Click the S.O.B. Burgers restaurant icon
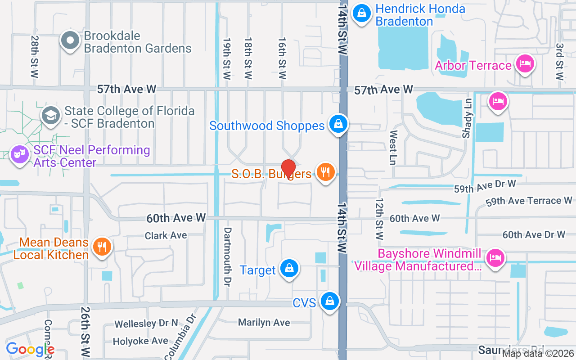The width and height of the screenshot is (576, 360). (x=325, y=172)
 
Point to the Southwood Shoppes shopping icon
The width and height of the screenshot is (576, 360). (x=338, y=124)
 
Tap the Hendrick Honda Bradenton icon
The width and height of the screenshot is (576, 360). (x=361, y=13)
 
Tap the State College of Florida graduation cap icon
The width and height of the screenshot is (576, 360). (x=50, y=115)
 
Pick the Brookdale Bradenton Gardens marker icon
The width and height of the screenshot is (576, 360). (x=70, y=40)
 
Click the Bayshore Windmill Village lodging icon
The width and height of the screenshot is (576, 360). (x=495, y=258)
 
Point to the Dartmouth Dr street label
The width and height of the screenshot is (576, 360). (x=228, y=256)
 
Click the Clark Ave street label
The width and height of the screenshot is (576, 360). (x=166, y=235)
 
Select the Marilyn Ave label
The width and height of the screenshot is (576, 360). (x=264, y=322)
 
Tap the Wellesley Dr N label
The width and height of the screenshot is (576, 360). (x=146, y=324)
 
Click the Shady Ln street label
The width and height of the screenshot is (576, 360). (x=467, y=118)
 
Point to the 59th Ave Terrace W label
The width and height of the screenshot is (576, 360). (x=529, y=201)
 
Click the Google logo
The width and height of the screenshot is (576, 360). (x=30, y=349)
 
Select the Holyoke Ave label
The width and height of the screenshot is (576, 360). (x=140, y=341)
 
